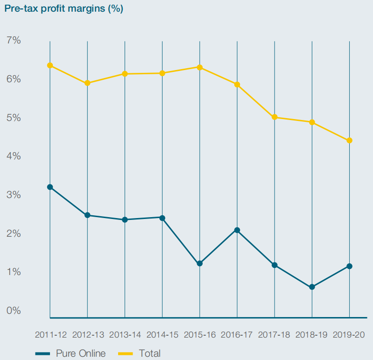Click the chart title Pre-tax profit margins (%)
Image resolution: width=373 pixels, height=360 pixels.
click(x=64, y=9)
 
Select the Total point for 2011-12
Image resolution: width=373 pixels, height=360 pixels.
click(x=50, y=65)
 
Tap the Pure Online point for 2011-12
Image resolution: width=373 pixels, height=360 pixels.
click(x=50, y=187)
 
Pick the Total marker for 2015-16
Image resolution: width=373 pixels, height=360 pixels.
click(x=200, y=67)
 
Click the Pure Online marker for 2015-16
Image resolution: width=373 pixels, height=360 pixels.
click(x=200, y=263)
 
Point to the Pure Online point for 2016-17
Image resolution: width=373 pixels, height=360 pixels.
click(x=237, y=230)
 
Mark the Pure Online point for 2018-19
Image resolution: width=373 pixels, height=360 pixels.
click(x=312, y=287)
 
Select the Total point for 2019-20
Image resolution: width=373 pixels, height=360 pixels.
click(x=349, y=141)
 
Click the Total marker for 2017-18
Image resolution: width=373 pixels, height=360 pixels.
click(x=274, y=117)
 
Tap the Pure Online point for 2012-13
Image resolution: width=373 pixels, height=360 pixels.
click(x=87, y=215)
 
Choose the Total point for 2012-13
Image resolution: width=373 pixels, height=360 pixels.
click(x=87, y=83)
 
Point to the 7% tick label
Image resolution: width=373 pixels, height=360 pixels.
click(x=14, y=41)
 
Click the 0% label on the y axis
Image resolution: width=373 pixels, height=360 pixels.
click(x=14, y=311)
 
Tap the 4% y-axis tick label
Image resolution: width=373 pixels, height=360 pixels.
click(x=14, y=156)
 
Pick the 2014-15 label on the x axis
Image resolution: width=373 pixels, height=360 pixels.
click(x=162, y=335)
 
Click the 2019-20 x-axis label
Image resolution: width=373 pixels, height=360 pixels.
click(x=349, y=335)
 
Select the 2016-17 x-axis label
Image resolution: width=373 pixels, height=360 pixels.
click(x=237, y=335)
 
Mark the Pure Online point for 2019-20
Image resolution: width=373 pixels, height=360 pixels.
click(x=349, y=266)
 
